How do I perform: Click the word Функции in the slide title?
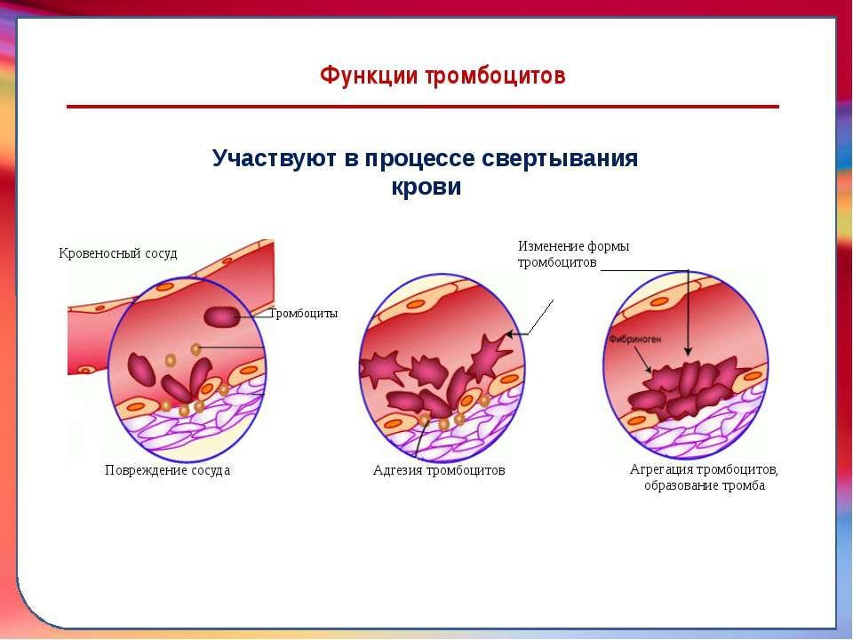pyautogui.click(x=370, y=75)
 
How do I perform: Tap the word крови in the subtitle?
pyautogui.click(x=426, y=187)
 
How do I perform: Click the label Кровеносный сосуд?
pyautogui.click(x=118, y=253)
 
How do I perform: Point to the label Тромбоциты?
pyautogui.click(x=304, y=314)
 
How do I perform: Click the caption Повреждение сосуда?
pyautogui.click(x=168, y=470)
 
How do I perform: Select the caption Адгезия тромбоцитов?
pyautogui.click(x=439, y=469)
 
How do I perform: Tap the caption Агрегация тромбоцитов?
pyautogui.click(x=704, y=469)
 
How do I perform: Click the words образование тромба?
pyautogui.click(x=705, y=485)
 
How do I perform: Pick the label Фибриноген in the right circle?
pyautogui.click(x=634, y=339)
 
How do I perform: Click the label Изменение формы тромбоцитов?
pyautogui.click(x=573, y=254)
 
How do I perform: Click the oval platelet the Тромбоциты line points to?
pyautogui.click(x=221, y=317)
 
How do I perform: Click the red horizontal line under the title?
pyautogui.click(x=423, y=107)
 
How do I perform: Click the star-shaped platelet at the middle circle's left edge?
pyautogui.click(x=381, y=368)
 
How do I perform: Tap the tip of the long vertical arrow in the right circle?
pyautogui.click(x=688, y=355)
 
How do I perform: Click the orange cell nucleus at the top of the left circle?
pyautogui.click(x=165, y=287)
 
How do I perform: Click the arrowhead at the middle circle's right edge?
pyautogui.click(x=509, y=333)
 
